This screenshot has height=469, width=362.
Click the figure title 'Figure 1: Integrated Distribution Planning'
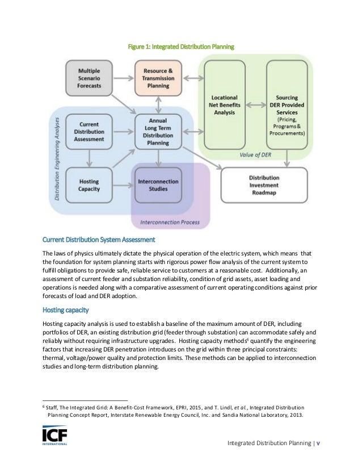(x=180, y=44)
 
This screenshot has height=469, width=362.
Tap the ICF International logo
(x=55, y=437)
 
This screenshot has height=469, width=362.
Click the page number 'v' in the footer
(x=318, y=443)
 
